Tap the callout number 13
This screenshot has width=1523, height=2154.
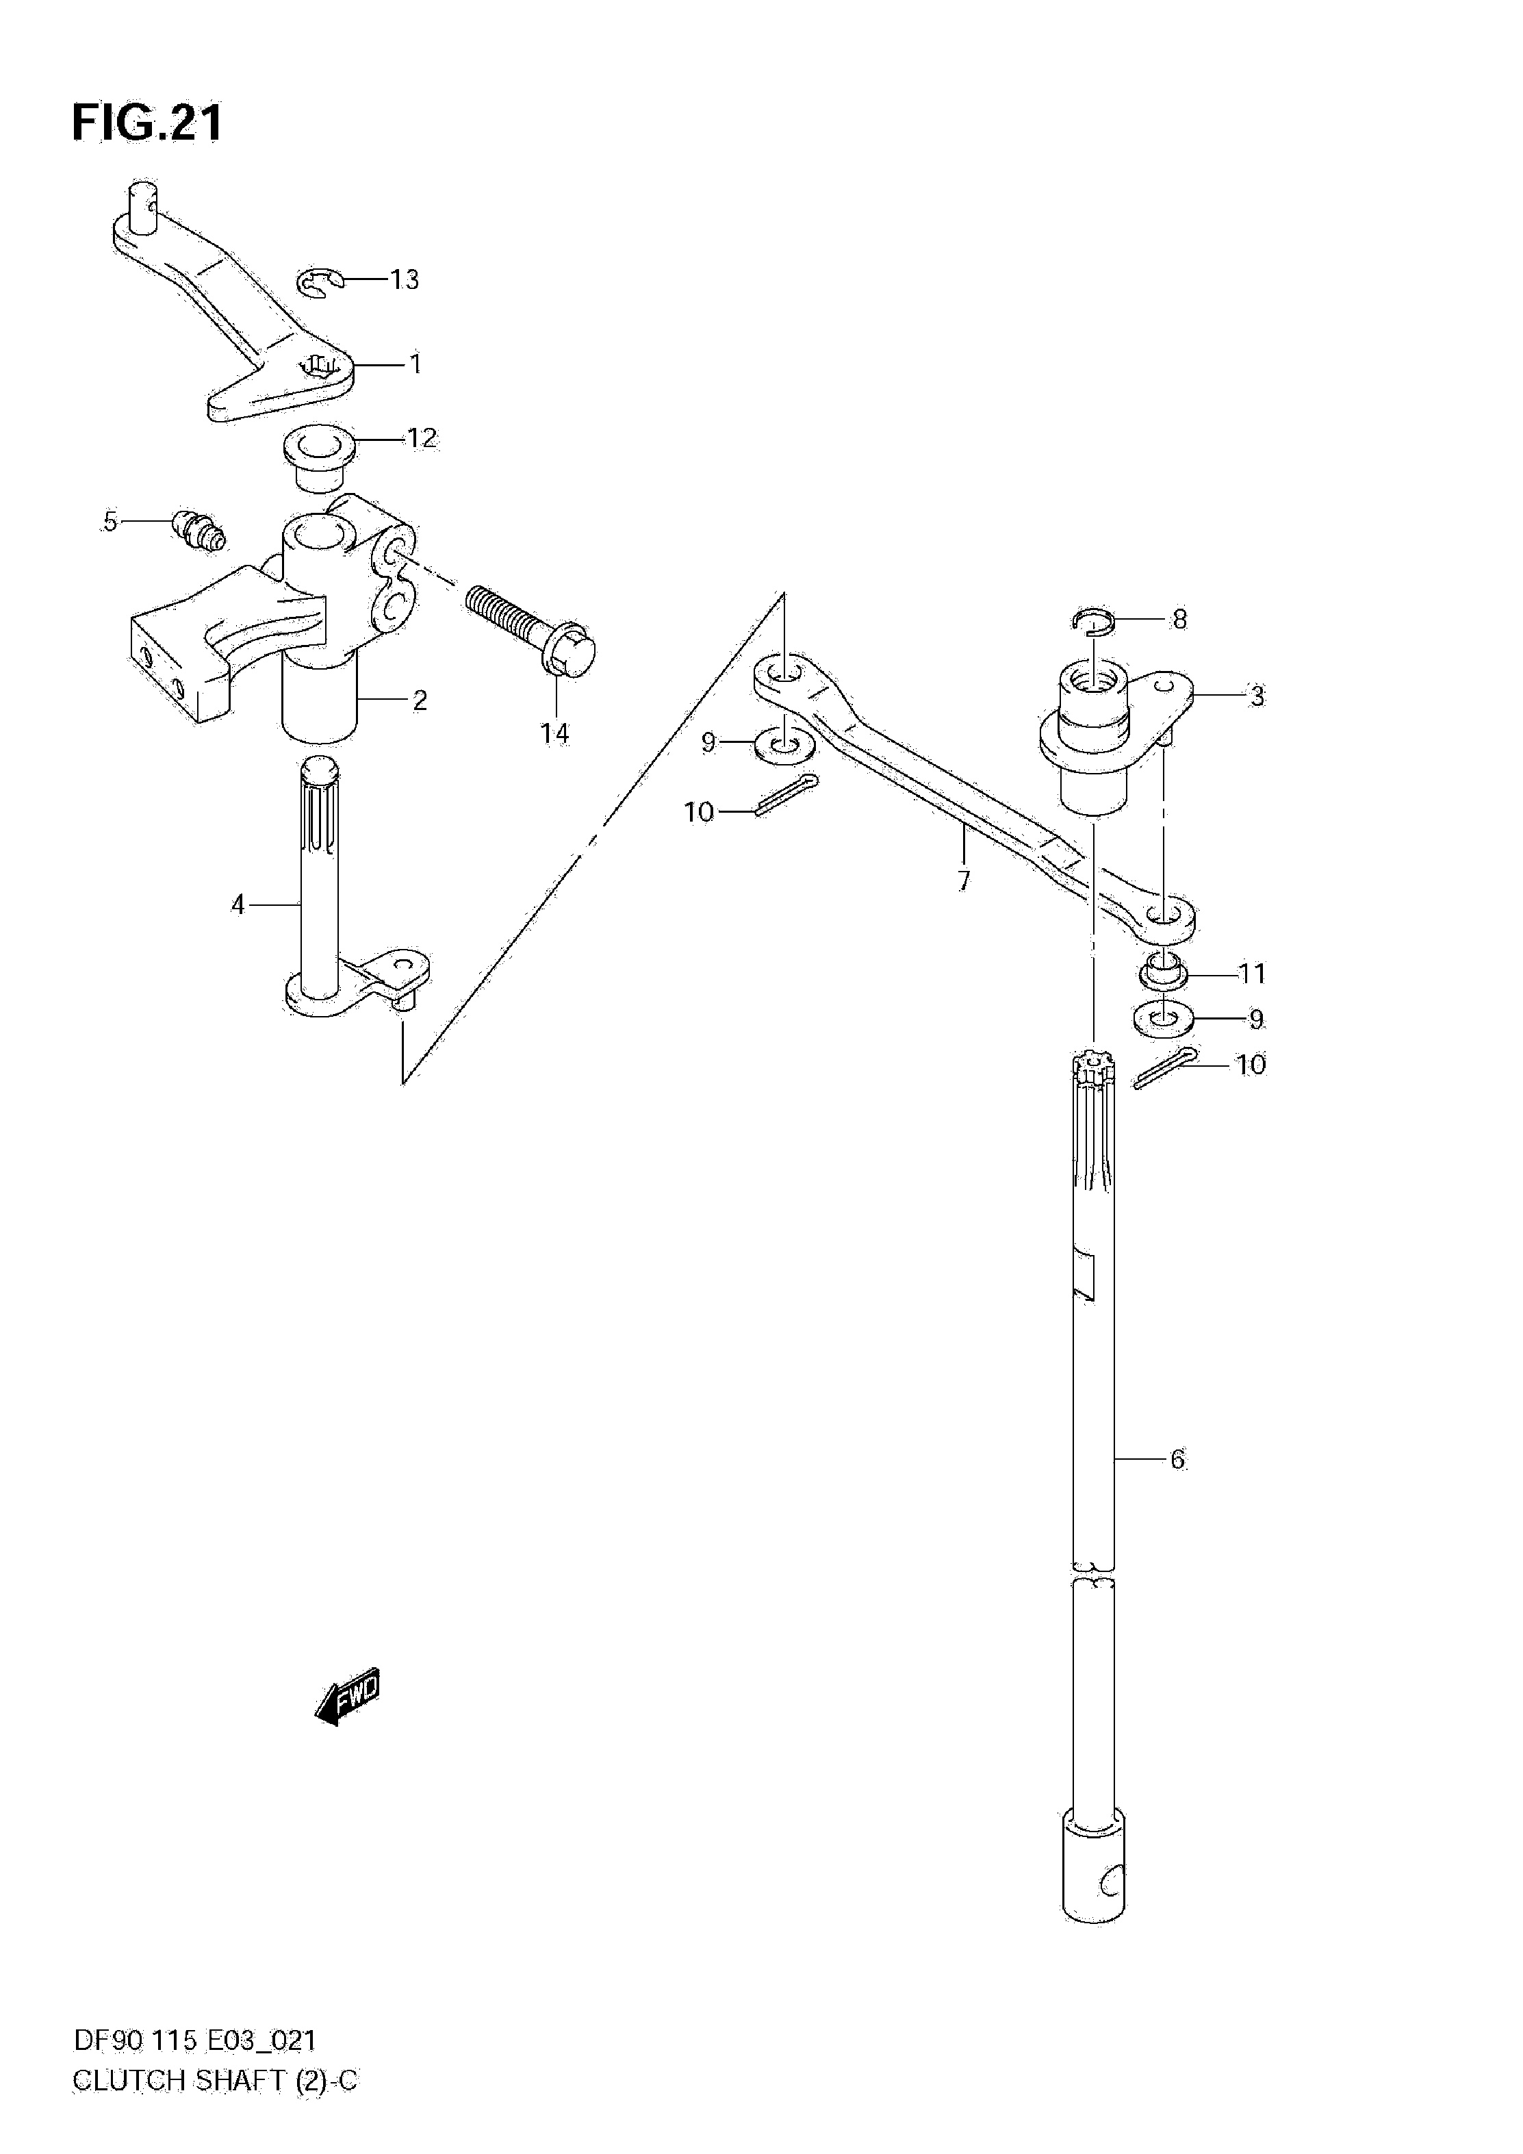point(405,279)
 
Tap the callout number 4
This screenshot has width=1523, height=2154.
point(238,904)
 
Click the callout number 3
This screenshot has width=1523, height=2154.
point(1257,696)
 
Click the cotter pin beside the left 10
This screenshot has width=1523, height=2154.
point(786,795)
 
